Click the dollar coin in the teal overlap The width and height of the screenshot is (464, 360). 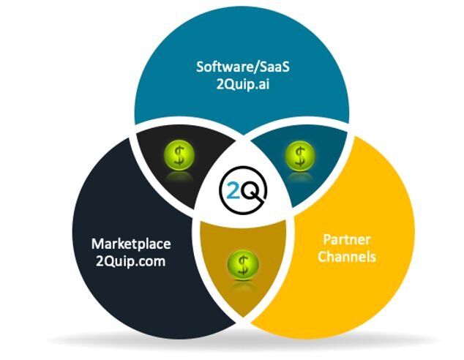pyautogui.click(x=299, y=154)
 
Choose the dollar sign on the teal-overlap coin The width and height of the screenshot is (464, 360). pyautogui.click(x=299, y=154)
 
